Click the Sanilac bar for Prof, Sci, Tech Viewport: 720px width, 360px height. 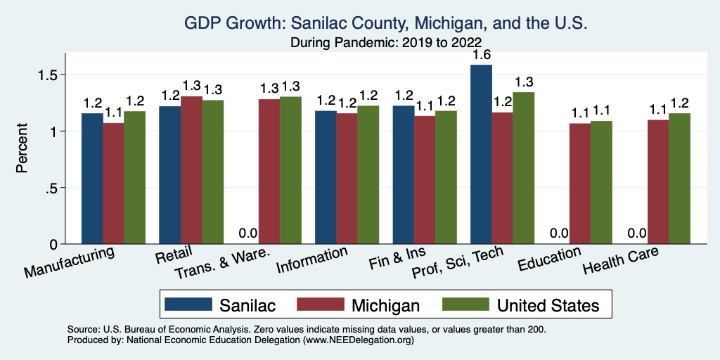coord(481,155)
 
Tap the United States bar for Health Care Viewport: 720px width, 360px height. coord(679,179)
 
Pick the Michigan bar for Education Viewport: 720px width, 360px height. coord(580,184)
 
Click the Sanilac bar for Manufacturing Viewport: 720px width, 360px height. coord(92,179)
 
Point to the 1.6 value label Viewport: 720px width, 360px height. coord(481,54)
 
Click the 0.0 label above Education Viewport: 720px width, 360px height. coord(559,233)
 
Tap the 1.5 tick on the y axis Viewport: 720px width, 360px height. coord(55,75)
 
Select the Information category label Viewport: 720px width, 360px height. coord(312,261)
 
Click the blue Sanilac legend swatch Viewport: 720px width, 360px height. coord(188,304)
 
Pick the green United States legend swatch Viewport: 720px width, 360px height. coord(465,304)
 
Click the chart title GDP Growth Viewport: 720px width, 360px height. coord(385,24)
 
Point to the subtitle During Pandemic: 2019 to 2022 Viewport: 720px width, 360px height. coord(385,42)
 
